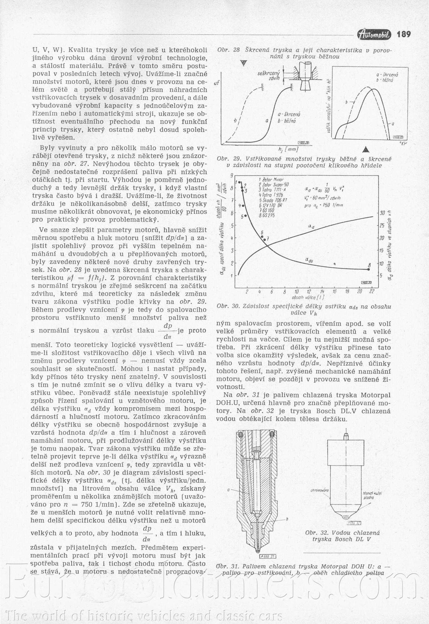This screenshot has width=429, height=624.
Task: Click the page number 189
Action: click(404, 34)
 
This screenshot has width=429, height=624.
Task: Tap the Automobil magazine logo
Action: click(374, 34)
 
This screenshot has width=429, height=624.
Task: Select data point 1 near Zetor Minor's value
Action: click(240, 182)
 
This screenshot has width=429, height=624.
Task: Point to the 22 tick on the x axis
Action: click(372, 291)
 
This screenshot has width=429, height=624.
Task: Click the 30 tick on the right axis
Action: click(382, 213)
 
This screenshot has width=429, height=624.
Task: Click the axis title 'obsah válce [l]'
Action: click(308, 297)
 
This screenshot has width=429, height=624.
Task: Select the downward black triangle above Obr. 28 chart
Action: click(244, 63)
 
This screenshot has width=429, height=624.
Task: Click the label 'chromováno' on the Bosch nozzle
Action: click(320, 490)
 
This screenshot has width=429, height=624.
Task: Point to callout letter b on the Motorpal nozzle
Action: click(287, 519)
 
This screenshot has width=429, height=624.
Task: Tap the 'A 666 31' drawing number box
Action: click(267, 556)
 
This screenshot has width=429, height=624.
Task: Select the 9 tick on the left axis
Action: click(232, 176)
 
